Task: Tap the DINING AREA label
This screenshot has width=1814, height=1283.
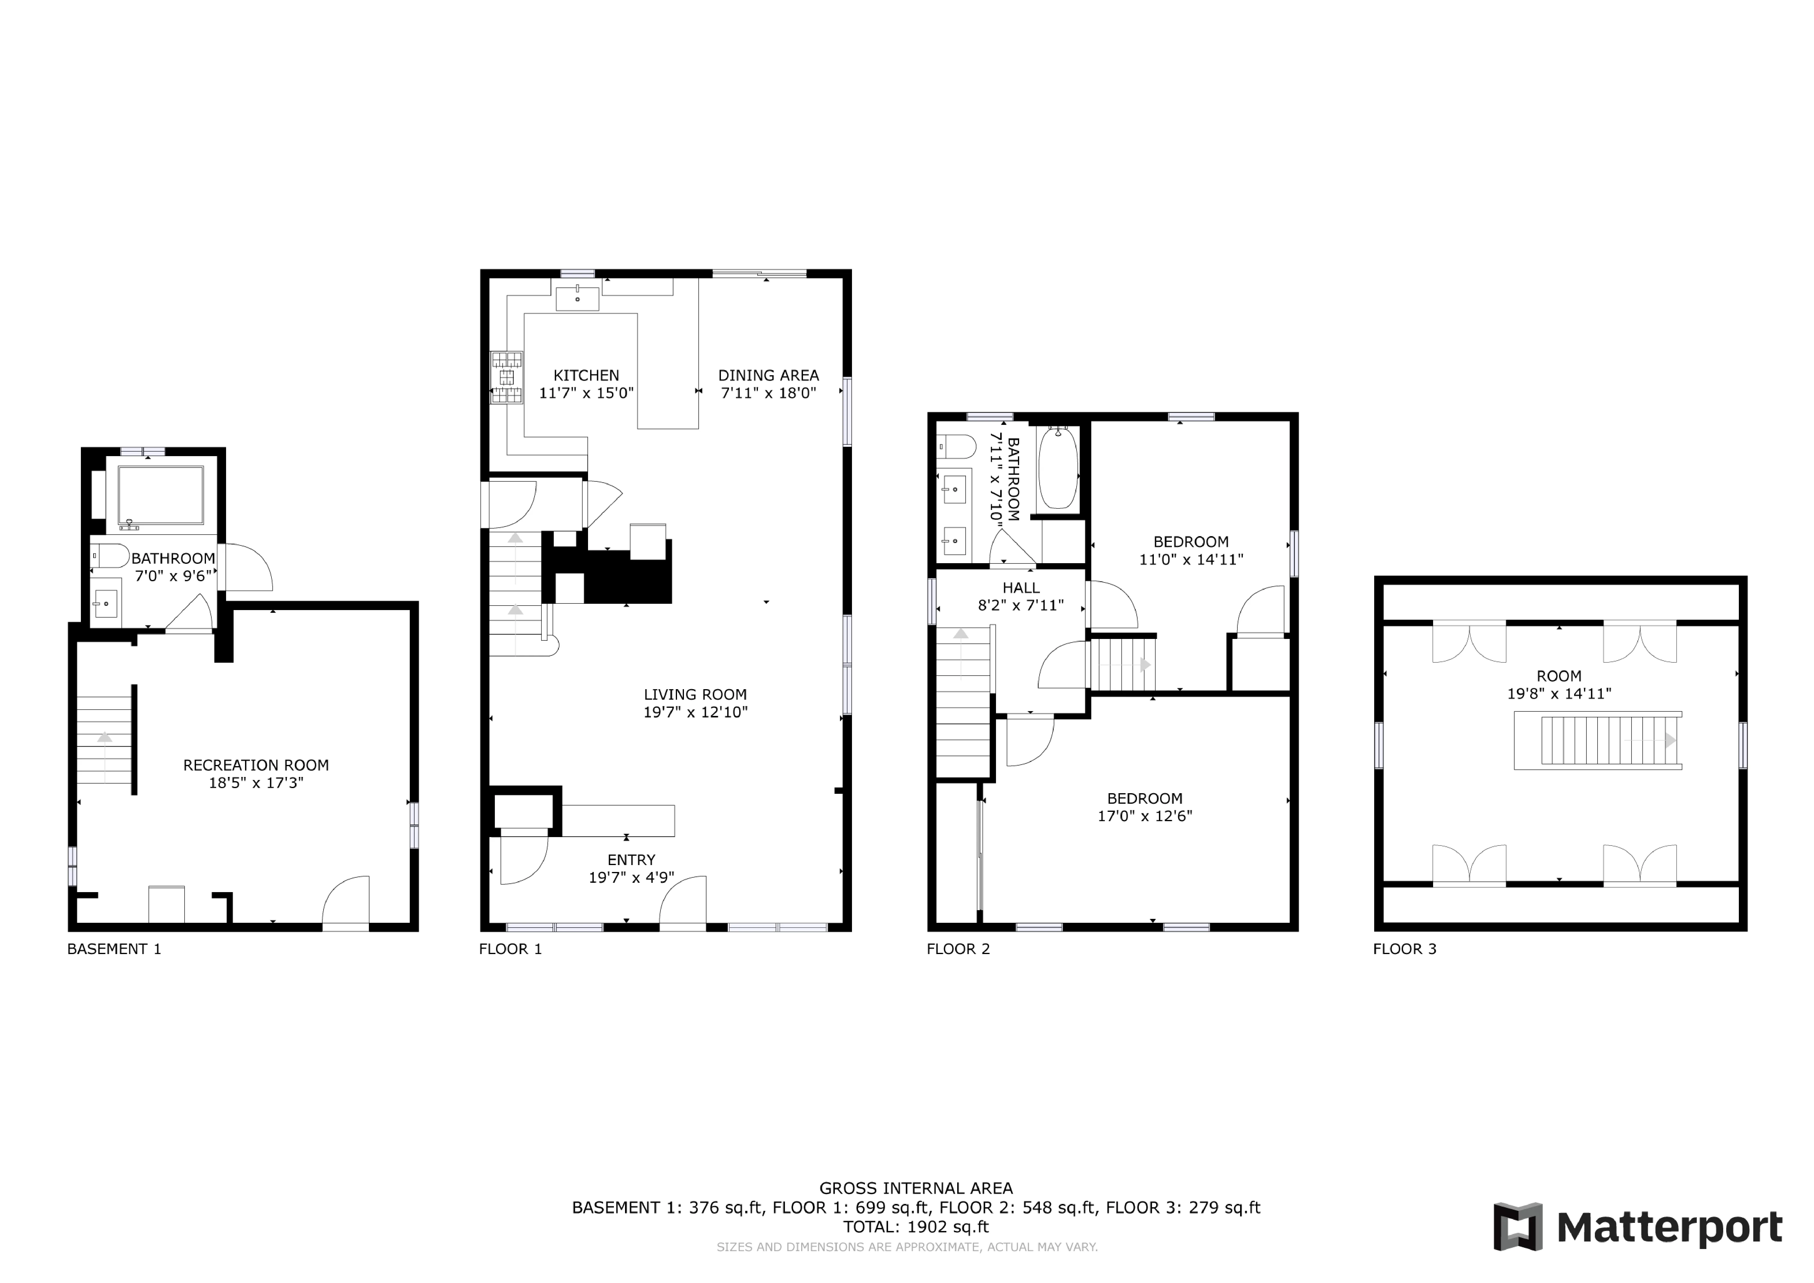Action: pos(768,375)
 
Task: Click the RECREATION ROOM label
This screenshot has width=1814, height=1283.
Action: pos(256,765)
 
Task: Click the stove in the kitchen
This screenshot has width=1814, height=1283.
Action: pos(507,377)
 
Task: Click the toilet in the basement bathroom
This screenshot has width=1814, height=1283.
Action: pos(111,555)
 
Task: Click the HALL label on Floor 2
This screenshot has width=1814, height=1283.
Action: pos(1021,588)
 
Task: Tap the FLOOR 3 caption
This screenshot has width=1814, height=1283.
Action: pos(1404,949)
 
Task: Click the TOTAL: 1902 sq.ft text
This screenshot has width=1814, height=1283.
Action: pos(916,1227)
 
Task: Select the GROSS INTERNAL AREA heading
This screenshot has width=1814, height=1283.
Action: pos(916,1188)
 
